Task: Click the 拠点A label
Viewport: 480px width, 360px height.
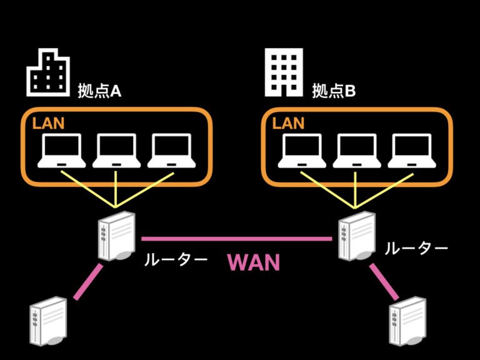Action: click(x=99, y=91)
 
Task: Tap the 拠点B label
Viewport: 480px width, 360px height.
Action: click(x=334, y=91)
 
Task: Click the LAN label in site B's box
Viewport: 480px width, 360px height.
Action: click(x=288, y=123)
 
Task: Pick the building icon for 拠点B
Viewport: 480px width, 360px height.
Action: click(x=284, y=72)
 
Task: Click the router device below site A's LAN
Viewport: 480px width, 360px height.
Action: click(x=116, y=236)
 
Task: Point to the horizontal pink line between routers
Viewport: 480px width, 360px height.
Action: click(x=236, y=238)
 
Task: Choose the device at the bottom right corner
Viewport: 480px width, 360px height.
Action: click(x=407, y=325)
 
